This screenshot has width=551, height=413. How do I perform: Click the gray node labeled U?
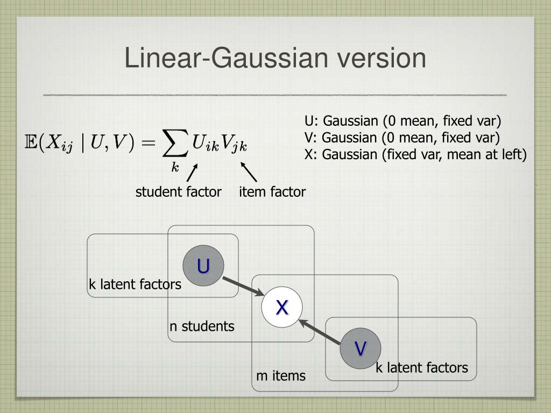click(203, 266)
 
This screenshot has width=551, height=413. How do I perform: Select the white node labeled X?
click(282, 308)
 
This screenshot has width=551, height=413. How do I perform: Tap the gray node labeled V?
click(361, 348)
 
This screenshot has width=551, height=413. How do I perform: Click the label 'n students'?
click(202, 326)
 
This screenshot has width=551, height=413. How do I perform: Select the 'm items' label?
click(281, 376)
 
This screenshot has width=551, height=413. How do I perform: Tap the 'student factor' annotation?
click(178, 192)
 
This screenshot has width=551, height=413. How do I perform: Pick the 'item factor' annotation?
click(272, 192)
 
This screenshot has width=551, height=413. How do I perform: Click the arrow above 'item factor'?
click(249, 172)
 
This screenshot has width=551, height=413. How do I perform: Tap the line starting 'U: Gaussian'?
click(402, 120)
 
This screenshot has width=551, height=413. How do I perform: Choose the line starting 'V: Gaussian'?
click(402, 137)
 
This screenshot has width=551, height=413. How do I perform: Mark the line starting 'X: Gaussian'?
click(415, 154)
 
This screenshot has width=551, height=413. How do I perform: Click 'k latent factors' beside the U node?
click(135, 284)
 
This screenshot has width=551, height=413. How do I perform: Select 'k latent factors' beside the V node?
click(422, 368)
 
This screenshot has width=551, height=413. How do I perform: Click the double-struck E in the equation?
click(32, 143)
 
